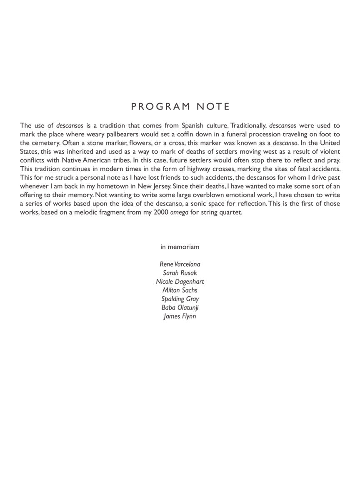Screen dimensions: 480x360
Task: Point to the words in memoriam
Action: (x=180, y=247)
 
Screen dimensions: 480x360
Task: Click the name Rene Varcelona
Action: (x=180, y=264)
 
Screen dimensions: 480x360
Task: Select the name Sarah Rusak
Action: (x=180, y=273)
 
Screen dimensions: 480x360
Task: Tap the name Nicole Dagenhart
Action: (x=180, y=282)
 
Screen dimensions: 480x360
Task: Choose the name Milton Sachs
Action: (x=180, y=290)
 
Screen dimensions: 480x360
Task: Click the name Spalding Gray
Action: (x=180, y=299)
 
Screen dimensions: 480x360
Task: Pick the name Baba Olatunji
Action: (x=180, y=307)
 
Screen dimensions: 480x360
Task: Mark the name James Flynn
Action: (x=180, y=316)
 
